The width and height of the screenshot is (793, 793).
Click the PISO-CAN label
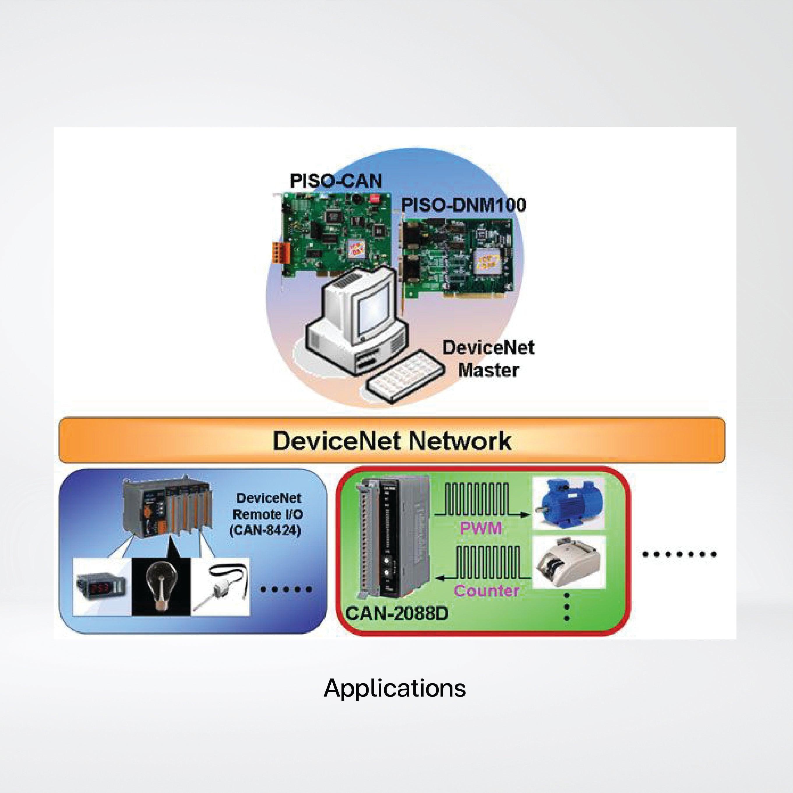click(336, 181)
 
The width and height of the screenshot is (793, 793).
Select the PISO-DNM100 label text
click(463, 205)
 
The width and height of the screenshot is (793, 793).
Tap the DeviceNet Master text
click(488, 358)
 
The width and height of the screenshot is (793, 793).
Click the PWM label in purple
click(481, 527)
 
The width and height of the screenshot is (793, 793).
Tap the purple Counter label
click(487, 591)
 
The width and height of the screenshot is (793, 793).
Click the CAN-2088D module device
click(394, 538)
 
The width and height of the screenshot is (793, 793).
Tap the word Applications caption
click(394, 688)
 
